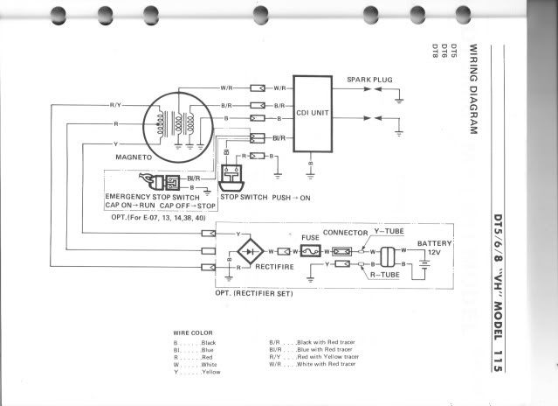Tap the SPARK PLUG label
tap(367, 79)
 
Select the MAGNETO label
tap(134, 157)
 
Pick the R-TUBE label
tap(384, 274)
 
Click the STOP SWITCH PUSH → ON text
tap(265, 198)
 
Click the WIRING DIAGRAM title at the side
tap(472, 87)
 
